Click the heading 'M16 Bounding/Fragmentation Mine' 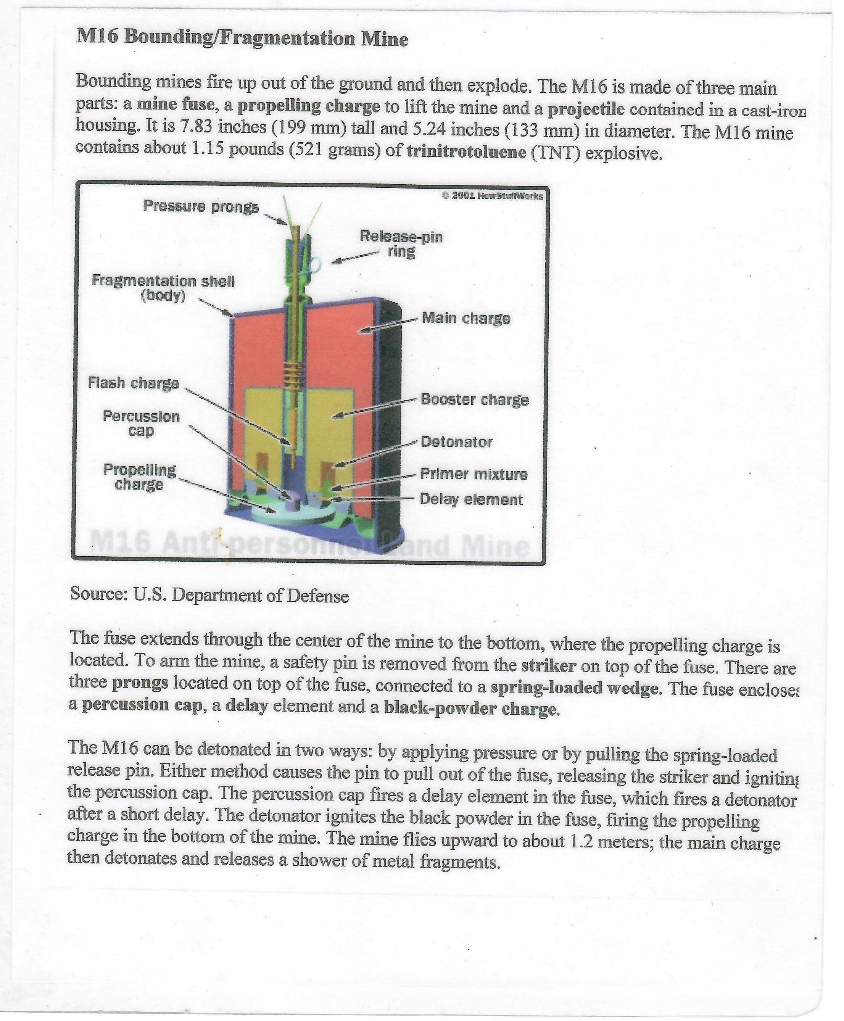click(242, 38)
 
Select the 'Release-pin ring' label click(401, 244)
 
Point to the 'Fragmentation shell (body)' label click(163, 288)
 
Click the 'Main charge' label click(466, 319)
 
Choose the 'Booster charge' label click(474, 399)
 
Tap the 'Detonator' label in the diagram click(456, 442)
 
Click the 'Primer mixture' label click(474, 474)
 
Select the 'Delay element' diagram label click(470, 500)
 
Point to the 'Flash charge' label click(134, 383)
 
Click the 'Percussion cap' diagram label click(141, 424)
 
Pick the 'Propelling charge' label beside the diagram click(140, 477)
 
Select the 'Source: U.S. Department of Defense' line click(209, 595)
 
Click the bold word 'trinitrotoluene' click(466, 152)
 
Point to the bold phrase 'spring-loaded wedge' click(574, 688)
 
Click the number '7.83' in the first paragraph click(197, 127)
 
